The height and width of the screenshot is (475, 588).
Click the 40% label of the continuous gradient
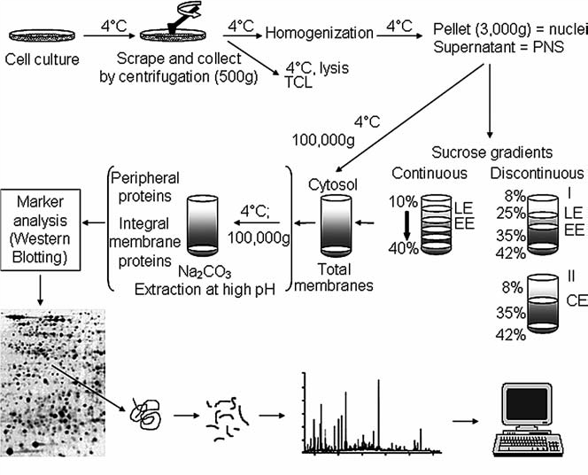(x=404, y=248)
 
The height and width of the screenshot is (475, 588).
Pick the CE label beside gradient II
(x=576, y=301)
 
